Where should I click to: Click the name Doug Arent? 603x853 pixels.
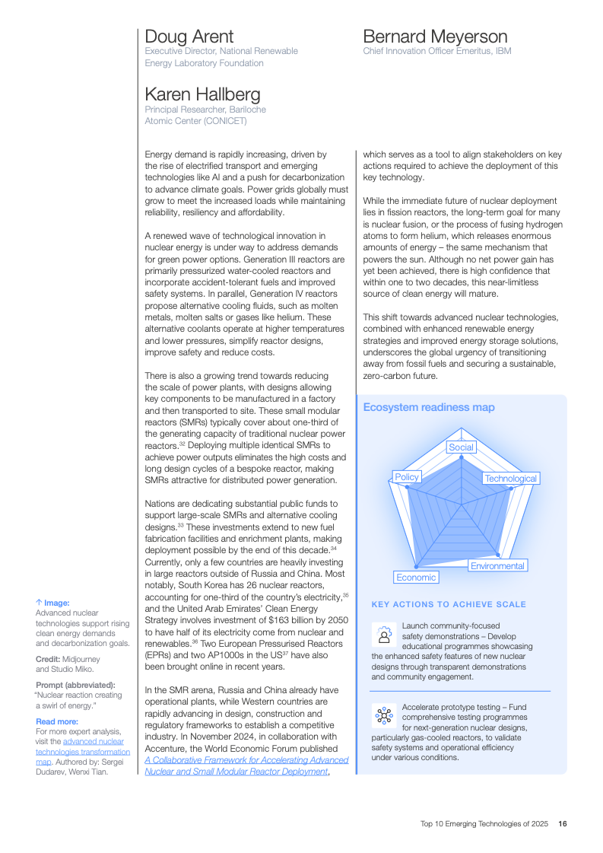click(x=189, y=37)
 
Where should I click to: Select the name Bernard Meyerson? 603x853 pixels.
click(x=435, y=37)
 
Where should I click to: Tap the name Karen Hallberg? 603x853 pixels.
click(x=202, y=95)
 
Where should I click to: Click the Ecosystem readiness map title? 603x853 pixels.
click(x=429, y=407)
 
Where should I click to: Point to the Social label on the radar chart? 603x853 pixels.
click(x=461, y=447)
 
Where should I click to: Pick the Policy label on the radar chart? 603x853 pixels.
click(x=407, y=477)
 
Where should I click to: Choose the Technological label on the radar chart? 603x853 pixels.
click(x=510, y=479)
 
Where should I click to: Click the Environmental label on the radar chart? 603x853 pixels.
click(x=497, y=566)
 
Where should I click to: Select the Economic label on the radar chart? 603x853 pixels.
click(x=416, y=578)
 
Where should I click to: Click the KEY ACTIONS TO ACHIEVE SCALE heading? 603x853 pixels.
click(x=449, y=605)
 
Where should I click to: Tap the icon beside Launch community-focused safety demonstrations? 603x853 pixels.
click(x=384, y=634)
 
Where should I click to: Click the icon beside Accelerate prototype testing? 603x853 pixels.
click(x=384, y=715)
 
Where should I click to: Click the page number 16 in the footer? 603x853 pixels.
click(x=563, y=823)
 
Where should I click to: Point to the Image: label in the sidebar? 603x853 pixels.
click(x=52, y=603)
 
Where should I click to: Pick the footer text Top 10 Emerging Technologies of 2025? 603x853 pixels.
click(x=484, y=823)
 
